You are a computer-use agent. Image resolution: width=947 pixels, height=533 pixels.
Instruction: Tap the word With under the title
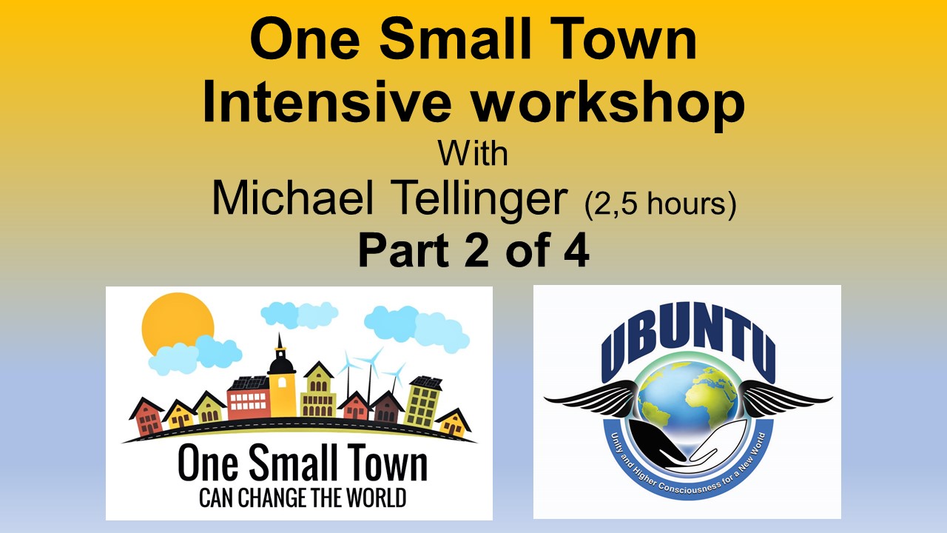[x=473, y=154]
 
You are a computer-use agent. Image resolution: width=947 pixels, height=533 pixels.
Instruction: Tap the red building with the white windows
[x=249, y=400]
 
